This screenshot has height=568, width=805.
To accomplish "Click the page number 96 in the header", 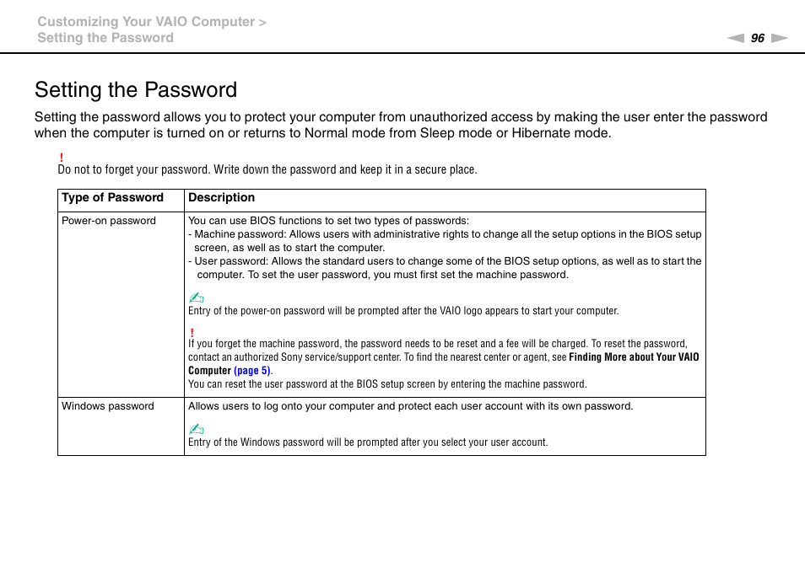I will tap(758, 38).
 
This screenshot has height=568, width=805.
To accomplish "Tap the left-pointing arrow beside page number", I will tap(736, 38).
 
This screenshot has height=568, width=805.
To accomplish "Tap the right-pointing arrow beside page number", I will tap(779, 38).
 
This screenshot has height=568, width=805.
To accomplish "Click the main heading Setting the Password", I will tap(136, 90).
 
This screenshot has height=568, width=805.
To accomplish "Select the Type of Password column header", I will tap(112, 198).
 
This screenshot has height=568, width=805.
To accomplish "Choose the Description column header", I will tap(221, 198).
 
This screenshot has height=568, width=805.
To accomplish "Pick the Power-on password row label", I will tap(109, 221).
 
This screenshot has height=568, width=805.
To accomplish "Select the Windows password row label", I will tap(108, 406).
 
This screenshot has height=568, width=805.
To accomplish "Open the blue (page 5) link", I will tap(252, 371).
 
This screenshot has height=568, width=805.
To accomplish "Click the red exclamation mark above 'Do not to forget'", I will tap(62, 158).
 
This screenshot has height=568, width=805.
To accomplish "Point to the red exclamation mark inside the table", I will tap(192, 332).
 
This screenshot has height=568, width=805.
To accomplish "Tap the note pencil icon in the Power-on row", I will tap(196, 297).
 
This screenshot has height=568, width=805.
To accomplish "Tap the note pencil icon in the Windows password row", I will tap(196, 429).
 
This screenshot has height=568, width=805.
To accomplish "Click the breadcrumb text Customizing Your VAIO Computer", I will tap(146, 22).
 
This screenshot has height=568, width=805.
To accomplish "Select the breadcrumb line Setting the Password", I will tap(105, 38).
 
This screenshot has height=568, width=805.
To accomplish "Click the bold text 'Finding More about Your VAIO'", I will tap(634, 357).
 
